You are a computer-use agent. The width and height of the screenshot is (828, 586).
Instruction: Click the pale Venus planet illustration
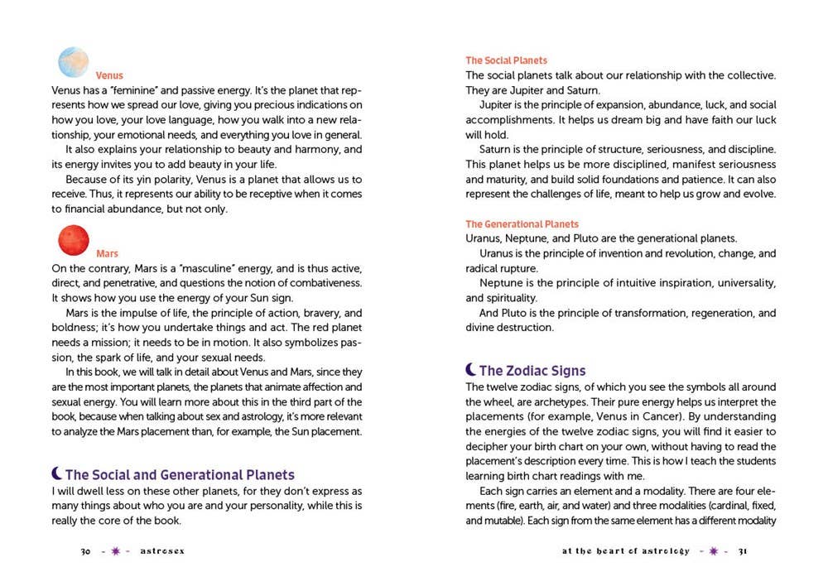tap(74, 63)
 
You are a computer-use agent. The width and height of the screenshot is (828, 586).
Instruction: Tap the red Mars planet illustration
tap(74, 239)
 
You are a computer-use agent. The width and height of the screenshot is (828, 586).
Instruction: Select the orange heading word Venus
tap(109, 75)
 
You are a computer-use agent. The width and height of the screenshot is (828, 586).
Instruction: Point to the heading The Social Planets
tap(506, 60)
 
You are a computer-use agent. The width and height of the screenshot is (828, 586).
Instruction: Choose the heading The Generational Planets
tap(522, 224)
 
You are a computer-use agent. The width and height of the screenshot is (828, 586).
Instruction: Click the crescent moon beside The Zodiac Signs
tap(470, 370)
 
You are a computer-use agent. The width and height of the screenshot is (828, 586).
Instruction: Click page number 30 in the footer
tap(84, 552)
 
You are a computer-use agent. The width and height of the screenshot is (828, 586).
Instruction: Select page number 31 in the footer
tap(743, 552)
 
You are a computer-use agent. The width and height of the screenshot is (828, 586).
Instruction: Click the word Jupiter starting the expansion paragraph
tap(498, 104)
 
